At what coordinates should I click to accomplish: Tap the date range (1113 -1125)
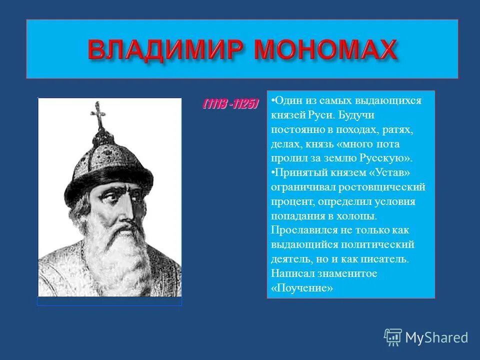tap(230, 104)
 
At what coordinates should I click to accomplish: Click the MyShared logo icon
tap(392, 337)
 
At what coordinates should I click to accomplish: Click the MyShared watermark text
tap(436, 337)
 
